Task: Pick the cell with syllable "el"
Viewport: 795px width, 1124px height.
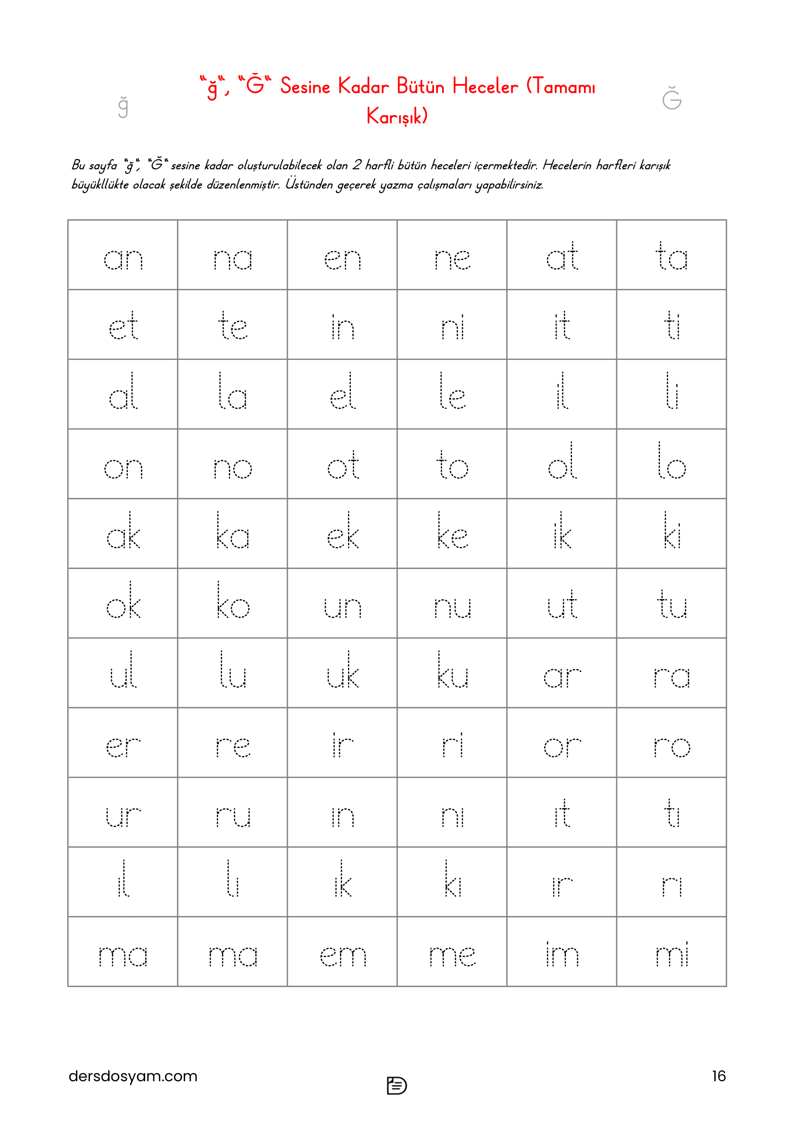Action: click(342, 395)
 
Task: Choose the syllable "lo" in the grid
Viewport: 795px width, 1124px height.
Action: click(671, 464)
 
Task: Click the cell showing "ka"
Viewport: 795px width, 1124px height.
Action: click(233, 534)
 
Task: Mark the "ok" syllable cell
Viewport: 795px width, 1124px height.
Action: click(123, 604)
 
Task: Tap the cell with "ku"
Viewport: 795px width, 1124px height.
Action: click(452, 673)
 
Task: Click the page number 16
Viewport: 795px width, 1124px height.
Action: click(718, 1075)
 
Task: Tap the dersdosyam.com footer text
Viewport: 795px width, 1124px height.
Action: click(133, 1075)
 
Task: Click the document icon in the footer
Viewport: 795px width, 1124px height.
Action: click(397, 1085)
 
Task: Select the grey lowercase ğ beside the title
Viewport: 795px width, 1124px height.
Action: click(123, 106)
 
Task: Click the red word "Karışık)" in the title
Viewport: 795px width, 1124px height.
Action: click(397, 116)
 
